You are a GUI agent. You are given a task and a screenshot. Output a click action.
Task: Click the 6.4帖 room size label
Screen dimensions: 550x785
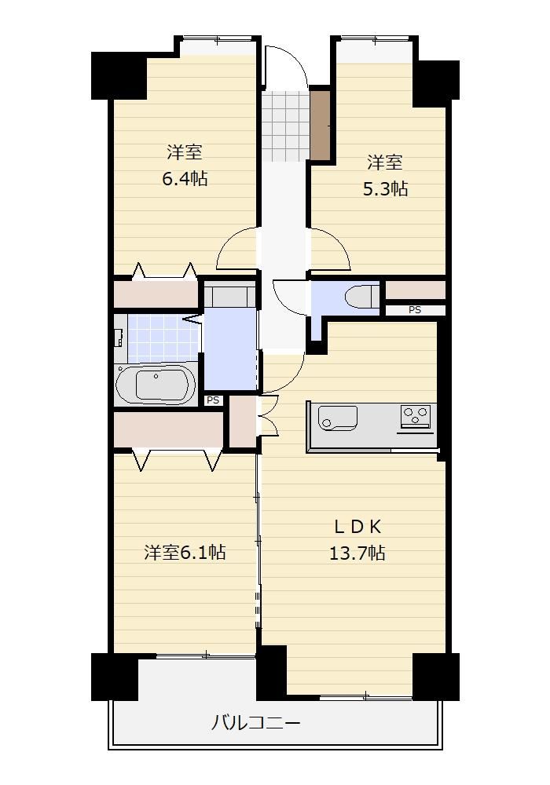185,178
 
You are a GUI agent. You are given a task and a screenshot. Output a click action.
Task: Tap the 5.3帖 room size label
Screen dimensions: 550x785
385,188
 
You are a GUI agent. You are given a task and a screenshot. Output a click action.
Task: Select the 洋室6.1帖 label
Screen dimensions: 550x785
185,552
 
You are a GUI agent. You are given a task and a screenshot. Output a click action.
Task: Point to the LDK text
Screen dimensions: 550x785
357,526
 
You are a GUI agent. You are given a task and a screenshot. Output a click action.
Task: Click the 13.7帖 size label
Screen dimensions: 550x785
357,553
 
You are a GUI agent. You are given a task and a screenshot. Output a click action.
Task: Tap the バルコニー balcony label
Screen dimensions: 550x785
255,723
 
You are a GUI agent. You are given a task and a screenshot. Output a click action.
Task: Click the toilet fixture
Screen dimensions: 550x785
361,297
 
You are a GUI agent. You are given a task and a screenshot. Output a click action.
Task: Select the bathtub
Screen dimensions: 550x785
156,385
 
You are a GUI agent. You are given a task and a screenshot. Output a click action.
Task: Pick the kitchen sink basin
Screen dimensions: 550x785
338,418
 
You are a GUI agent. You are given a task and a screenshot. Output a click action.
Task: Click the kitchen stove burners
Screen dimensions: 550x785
416,415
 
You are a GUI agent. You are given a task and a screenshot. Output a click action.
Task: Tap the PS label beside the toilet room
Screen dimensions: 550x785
414,310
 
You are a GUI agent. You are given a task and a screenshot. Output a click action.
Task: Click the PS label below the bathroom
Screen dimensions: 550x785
214,400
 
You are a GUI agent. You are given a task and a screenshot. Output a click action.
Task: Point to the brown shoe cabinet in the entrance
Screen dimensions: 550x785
320,124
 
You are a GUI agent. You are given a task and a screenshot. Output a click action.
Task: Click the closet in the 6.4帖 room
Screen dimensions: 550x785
156,294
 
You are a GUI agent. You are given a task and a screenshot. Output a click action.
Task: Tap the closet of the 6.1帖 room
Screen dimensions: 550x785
168,429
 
